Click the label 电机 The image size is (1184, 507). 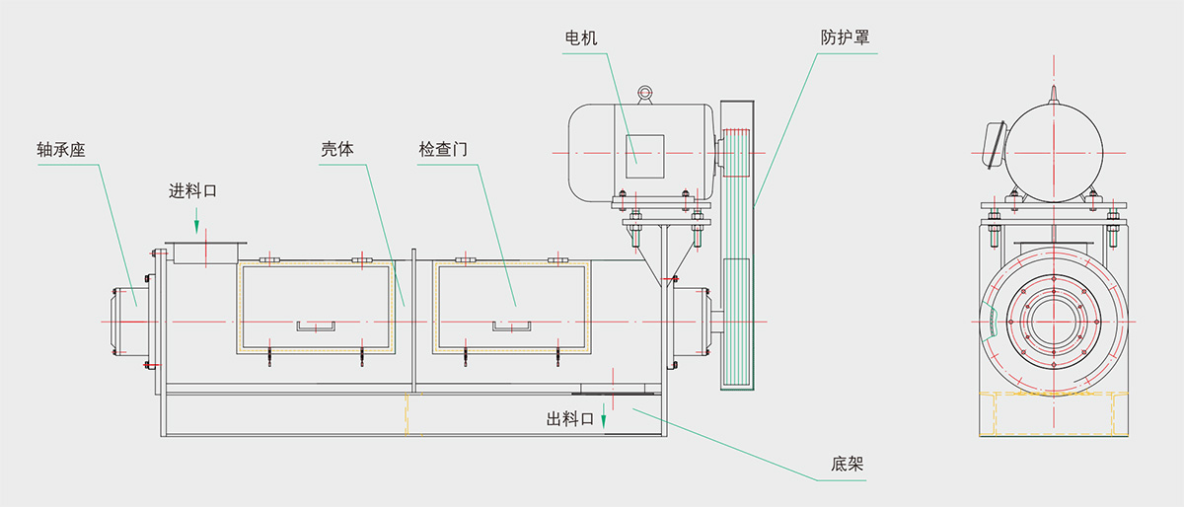click(581, 37)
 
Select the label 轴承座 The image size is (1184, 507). click(58, 151)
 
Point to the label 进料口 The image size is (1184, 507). click(192, 190)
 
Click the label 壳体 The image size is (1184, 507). click(336, 150)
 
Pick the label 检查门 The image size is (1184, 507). click(441, 150)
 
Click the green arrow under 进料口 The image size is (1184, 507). click(197, 219)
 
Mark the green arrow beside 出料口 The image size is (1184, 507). click(604, 421)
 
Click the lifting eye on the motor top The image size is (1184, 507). click(645, 94)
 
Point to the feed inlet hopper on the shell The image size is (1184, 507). click(204, 253)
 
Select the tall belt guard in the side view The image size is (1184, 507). click(735, 245)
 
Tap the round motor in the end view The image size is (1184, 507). click(1054, 148)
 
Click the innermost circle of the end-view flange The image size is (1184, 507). click(1054, 321)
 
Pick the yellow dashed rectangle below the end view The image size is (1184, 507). click(1054, 413)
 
